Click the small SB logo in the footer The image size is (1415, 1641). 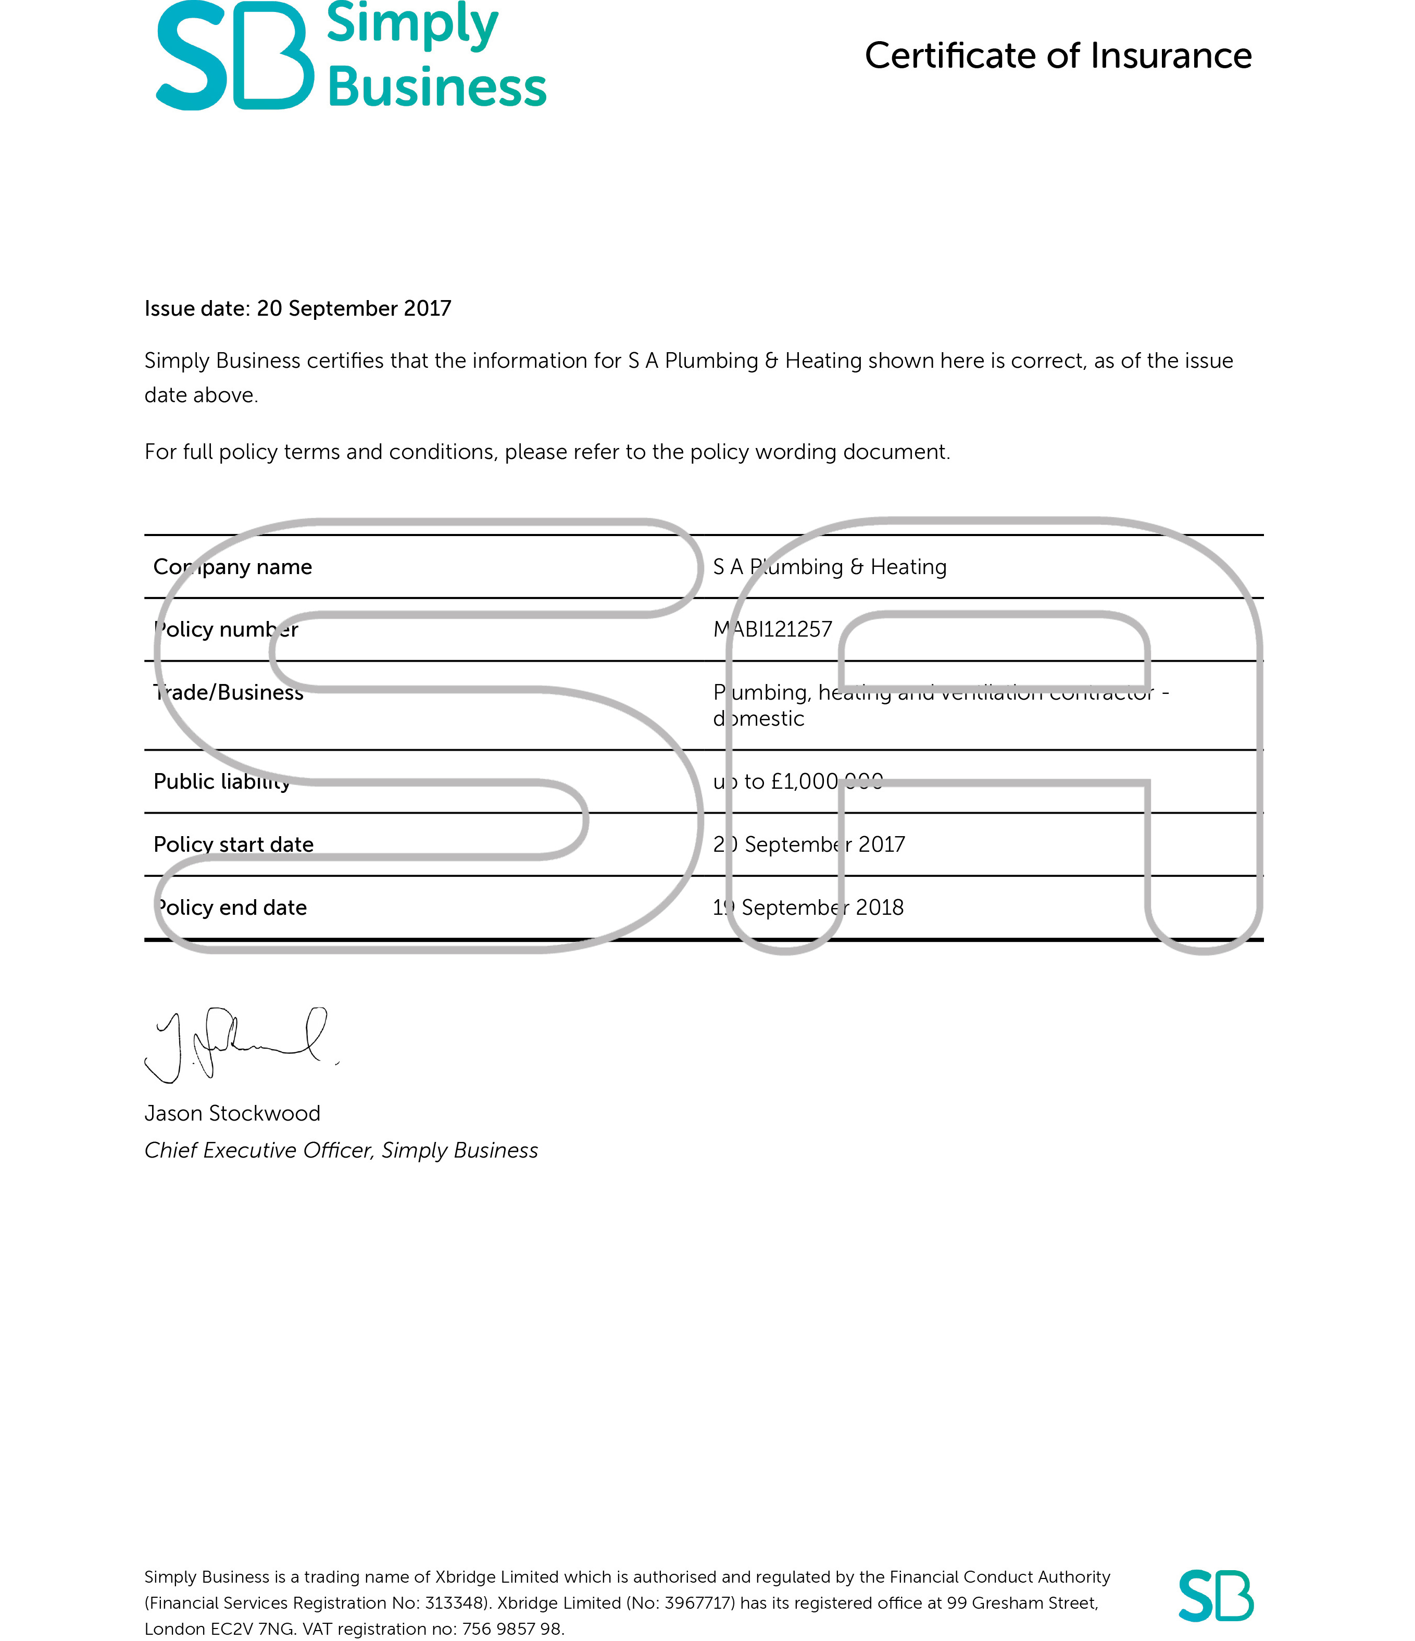tap(1216, 1595)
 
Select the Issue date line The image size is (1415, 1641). tap(298, 308)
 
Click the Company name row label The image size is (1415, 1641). tap(233, 567)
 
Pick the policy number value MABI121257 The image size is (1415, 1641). tap(773, 630)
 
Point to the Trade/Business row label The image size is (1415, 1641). tap(229, 693)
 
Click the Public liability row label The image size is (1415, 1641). tap(222, 782)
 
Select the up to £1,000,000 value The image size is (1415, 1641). tap(797, 782)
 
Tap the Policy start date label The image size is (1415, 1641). tap(234, 844)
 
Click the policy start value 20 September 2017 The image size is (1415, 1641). tap(808, 844)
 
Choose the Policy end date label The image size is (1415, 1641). tap(230, 907)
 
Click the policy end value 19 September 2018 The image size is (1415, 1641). tap(808, 907)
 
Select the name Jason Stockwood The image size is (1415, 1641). tap(232, 1114)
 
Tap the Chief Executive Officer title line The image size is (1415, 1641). tap(341, 1151)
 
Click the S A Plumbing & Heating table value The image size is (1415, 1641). tap(830, 567)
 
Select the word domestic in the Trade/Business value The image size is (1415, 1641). tap(759, 719)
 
